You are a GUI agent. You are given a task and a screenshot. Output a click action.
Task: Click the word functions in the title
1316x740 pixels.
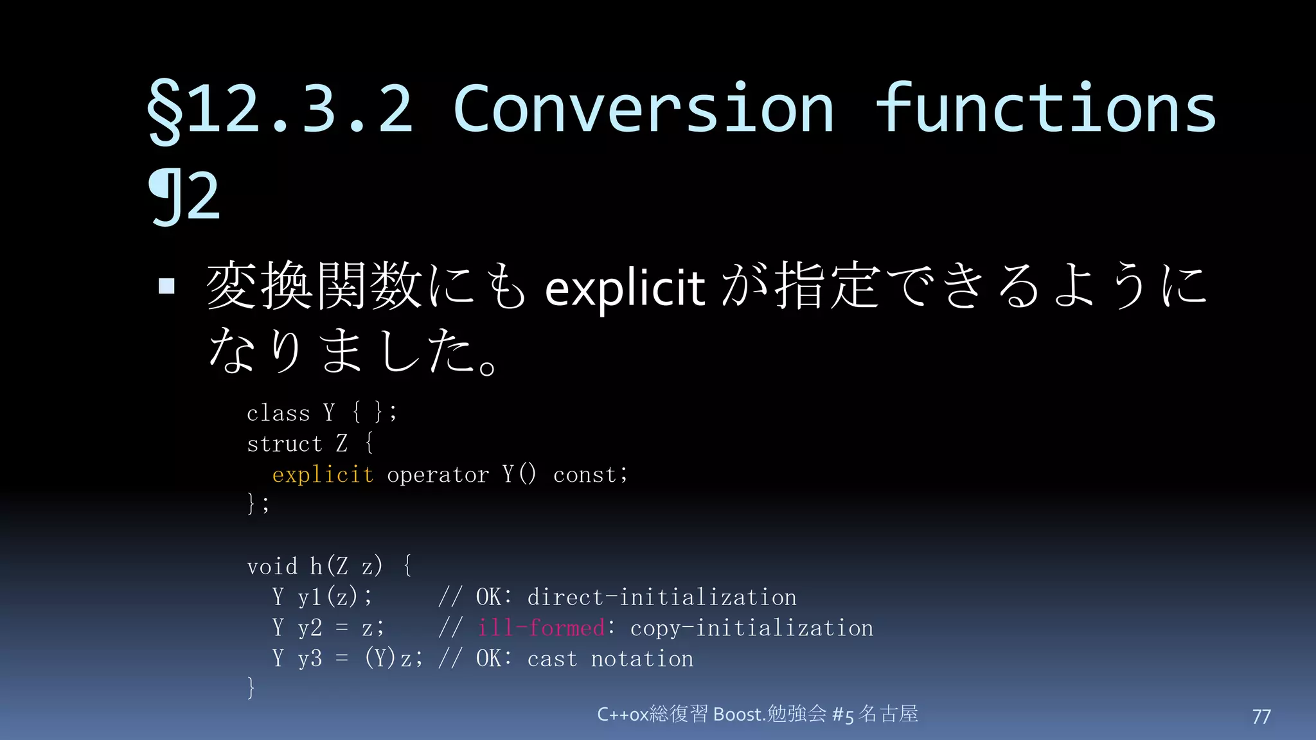tap(1046, 109)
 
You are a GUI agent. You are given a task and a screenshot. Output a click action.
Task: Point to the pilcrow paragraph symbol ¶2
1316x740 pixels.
tap(185, 198)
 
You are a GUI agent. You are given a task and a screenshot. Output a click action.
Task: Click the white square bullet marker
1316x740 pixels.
tap(166, 286)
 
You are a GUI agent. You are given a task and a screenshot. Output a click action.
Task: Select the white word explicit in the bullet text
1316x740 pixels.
tap(625, 288)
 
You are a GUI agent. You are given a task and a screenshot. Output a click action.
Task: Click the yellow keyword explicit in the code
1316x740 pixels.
tap(323, 475)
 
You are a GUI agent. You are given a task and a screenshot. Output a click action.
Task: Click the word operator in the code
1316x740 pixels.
tap(438, 475)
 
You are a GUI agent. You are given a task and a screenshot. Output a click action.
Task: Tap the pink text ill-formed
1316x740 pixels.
tap(541, 628)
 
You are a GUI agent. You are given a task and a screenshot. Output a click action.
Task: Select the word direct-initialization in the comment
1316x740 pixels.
tap(662, 597)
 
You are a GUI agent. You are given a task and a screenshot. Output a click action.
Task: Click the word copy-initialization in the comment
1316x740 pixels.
tap(752, 628)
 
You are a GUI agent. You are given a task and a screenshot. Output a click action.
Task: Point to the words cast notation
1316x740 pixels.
tap(610, 658)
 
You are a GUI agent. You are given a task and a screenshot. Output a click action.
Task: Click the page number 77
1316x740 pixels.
tap(1261, 716)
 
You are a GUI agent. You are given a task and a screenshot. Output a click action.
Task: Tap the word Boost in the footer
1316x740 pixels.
tap(738, 714)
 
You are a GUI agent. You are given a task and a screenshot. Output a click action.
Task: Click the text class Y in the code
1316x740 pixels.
tap(291, 412)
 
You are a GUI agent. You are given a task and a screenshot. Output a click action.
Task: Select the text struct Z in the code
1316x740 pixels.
tap(297, 443)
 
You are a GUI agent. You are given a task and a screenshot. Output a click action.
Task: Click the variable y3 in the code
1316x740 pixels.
tap(310, 658)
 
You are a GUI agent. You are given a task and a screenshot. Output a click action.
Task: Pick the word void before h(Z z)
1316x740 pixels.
tap(272, 567)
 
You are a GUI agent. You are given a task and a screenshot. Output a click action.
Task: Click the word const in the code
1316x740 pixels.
tap(584, 475)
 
